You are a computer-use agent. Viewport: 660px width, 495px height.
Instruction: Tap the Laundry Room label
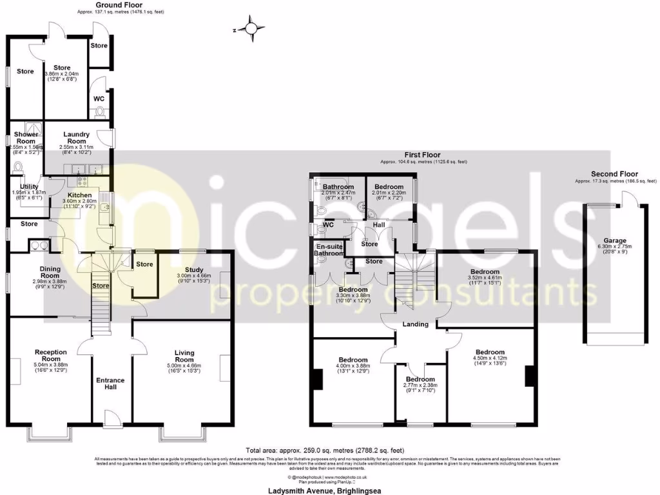point(76,138)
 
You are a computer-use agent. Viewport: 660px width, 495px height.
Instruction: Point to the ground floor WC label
point(99,99)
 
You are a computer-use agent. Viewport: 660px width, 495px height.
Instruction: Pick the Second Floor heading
point(614,174)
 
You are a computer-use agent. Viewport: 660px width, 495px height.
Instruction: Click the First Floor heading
point(423,155)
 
